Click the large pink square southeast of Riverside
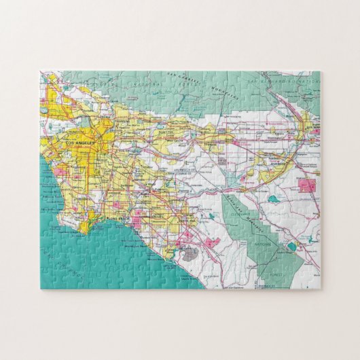307,184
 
